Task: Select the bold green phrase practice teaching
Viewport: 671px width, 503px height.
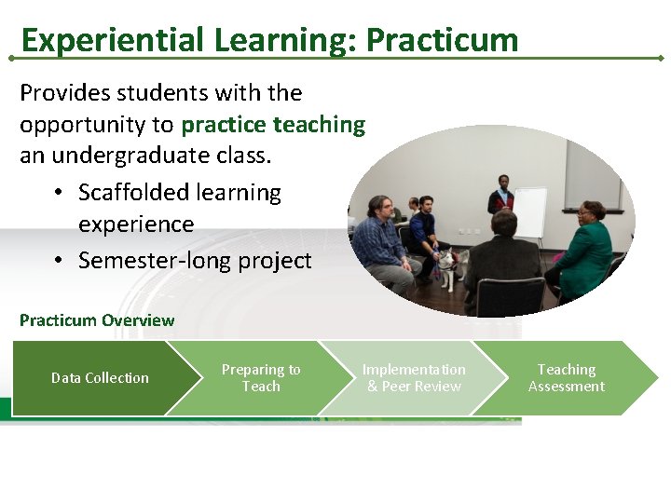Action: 274,125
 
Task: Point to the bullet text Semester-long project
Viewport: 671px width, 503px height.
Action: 195,261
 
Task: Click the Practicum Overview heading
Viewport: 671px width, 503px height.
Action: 97,320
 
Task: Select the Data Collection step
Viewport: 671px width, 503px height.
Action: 100,378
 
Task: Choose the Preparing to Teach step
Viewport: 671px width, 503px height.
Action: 261,378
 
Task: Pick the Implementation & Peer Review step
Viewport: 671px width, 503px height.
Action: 414,378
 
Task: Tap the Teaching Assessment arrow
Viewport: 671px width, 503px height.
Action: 566,378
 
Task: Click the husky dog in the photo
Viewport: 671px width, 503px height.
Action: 452,265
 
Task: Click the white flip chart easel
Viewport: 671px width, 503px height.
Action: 530,212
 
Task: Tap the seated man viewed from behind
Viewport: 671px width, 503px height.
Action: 503,261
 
